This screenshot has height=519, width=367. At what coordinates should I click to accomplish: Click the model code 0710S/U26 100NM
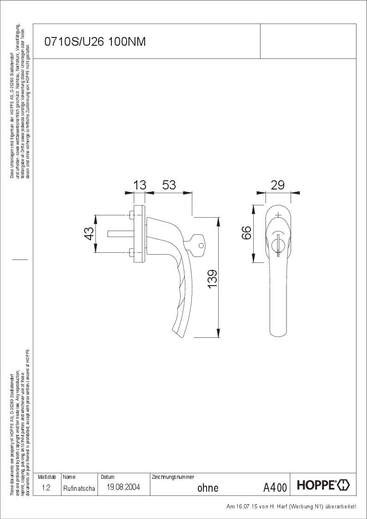pyautogui.click(x=95, y=42)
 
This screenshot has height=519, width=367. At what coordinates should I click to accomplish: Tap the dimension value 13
pyautogui.click(x=140, y=185)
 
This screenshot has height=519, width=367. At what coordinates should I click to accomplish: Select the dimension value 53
pyautogui.click(x=169, y=185)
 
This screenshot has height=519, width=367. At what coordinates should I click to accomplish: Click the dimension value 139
pyautogui.click(x=212, y=279)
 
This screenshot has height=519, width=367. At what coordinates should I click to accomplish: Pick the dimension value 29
pyautogui.click(x=277, y=185)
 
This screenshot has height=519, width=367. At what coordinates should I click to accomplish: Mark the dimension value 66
pyautogui.click(x=246, y=232)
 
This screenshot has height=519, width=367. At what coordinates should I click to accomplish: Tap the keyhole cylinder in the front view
pyautogui.click(x=278, y=243)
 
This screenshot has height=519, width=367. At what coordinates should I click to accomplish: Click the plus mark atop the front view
pyautogui.click(x=278, y=215)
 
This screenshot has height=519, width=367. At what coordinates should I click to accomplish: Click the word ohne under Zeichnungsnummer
pyautogui.click(x=208, y=488)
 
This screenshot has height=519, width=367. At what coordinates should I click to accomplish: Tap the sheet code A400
pyautogui.click(x=275, y=487)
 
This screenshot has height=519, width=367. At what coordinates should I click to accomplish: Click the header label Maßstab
pyautogui.click(x=47, y=476)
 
